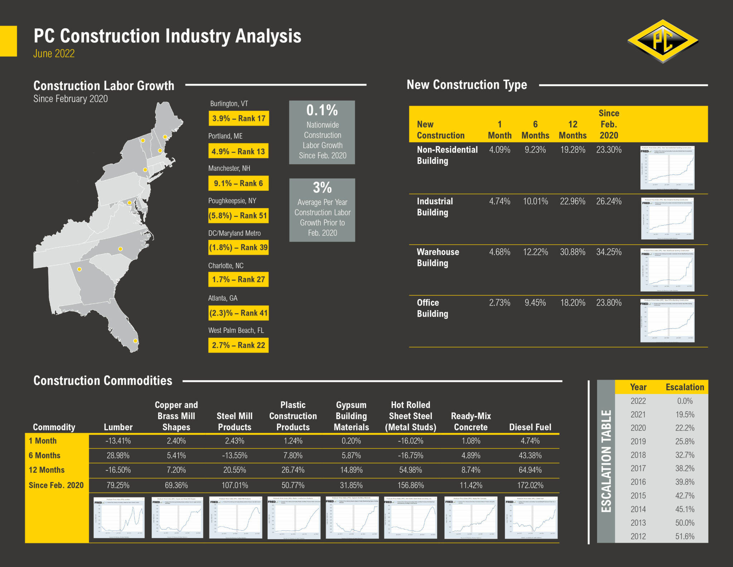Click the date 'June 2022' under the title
[x=54, y=54]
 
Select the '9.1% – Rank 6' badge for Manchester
[x=238, y=183]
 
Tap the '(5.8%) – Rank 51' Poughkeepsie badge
[x=238, y=216]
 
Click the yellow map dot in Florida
[x=135, y=341]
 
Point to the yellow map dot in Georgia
[x=79, y=269]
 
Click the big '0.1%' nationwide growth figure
[x=322, y=110]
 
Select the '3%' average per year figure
[x=322, y=188]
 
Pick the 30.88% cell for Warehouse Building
[x=573, y=252]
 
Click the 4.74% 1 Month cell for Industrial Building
[x=500, y=201]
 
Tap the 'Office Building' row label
[x=432, y=308]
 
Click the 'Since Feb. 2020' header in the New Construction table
[x=609, y=124]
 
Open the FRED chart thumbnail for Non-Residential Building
[x=668, y=168]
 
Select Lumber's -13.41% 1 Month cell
[x=118, y=441]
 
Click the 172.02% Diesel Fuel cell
[x=530, y=485]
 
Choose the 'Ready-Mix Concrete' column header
[x=471, y=422]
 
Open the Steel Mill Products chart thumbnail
[x=235, y=518]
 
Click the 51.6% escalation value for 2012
[x=685, y=536]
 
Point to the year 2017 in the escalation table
[x=638, y=469]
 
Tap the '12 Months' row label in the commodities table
[x=47, y=470]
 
